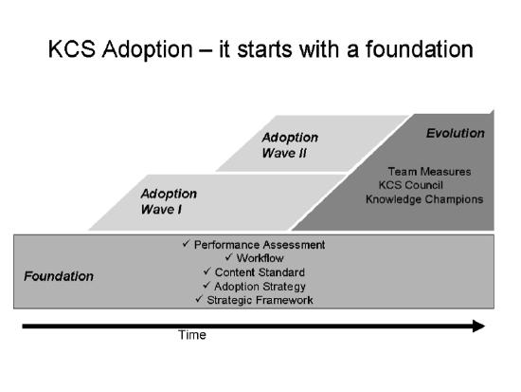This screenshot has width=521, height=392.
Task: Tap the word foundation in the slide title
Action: [417, 49]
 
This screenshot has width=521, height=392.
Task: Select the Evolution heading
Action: [455, 133]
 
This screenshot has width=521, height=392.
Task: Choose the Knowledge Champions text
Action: [425, 200]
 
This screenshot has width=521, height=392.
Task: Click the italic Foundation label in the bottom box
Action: [59, 276]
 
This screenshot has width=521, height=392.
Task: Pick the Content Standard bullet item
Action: [259, 272]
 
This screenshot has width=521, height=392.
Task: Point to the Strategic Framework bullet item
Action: [259, 300]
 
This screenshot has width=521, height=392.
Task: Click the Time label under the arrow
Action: [191, 335]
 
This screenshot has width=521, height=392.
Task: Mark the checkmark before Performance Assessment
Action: [186, 244]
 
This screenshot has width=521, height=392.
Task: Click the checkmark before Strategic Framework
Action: [198, 299]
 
